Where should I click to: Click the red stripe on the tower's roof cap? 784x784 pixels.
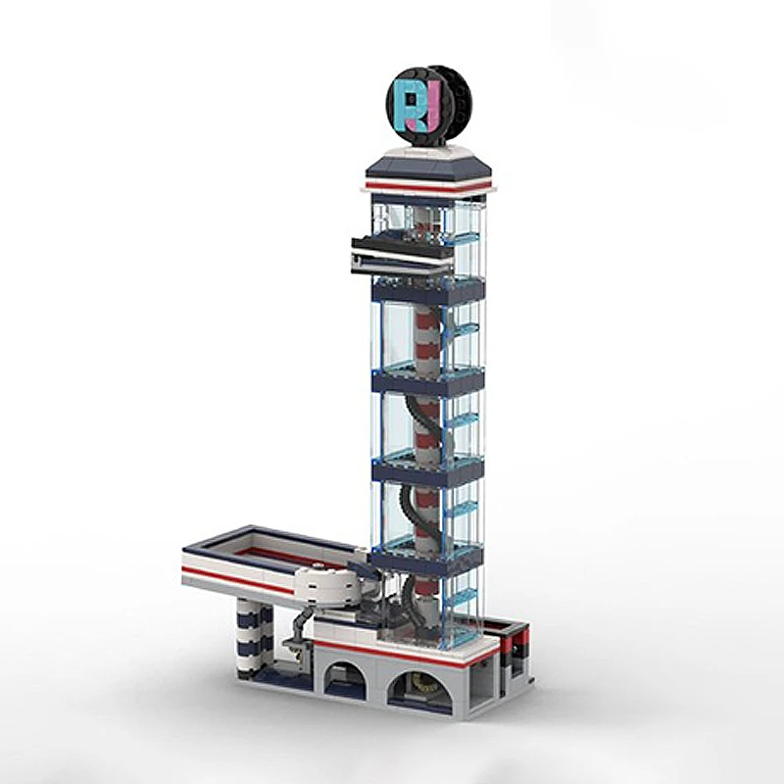427,187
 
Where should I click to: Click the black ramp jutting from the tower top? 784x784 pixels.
403,254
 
